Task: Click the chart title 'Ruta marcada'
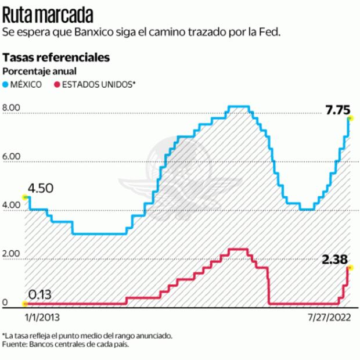click(x=49, y=13)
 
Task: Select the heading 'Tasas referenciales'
click(x=56, y=58)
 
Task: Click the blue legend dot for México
click(x=6, y=84)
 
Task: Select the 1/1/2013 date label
click(x=42, y=318)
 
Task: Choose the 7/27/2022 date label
click(x=329, y=318)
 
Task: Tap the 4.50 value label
click(x=41, y=189)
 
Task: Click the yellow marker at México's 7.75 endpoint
click(x=351, y=118)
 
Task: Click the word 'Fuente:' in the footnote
click(x=15, y=343)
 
